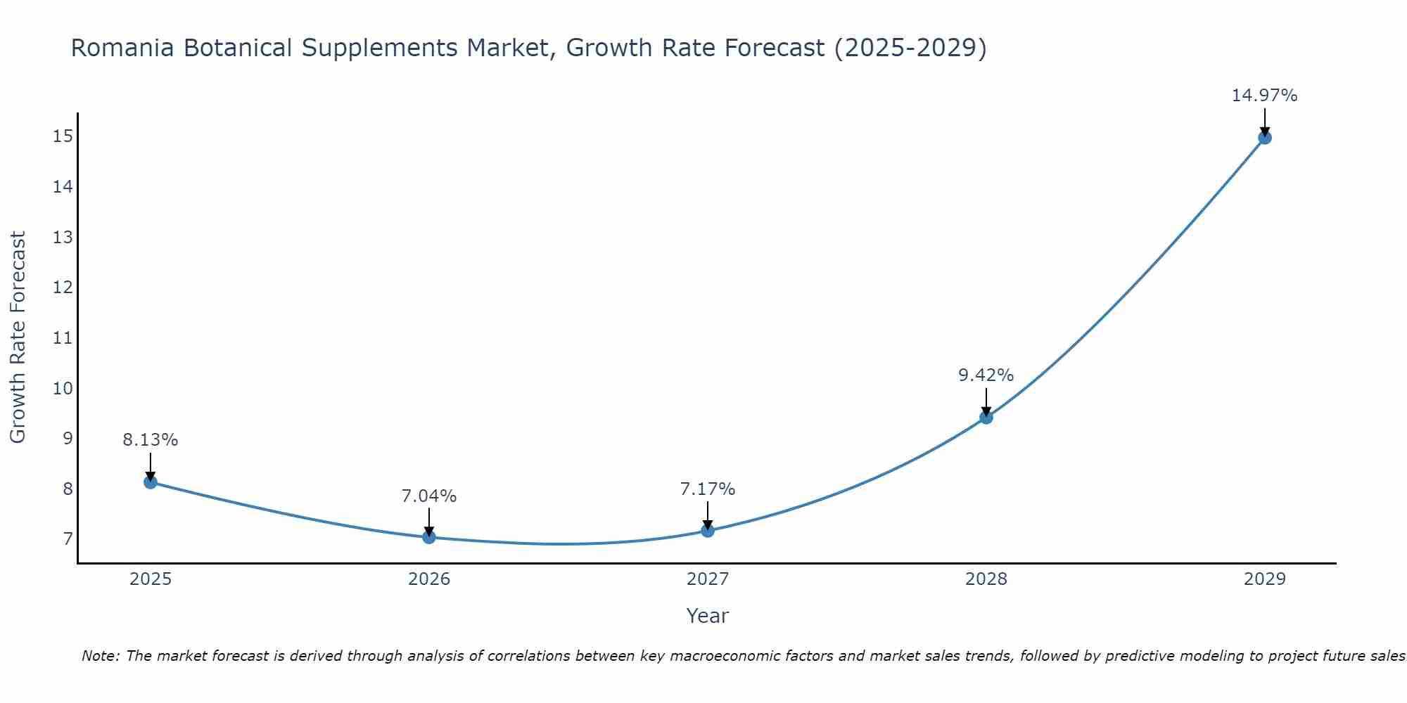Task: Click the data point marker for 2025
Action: (x=151, y=482)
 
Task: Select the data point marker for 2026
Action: (x=429, y=537)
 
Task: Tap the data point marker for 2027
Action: (x=708, y=531)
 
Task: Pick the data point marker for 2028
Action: (x=986, y=418)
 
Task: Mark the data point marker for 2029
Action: (x=1265, y=138)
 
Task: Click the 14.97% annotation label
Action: (x=1264, y=96)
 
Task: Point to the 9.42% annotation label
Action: (x=986, y=375)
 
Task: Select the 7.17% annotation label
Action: (x=707, y=489)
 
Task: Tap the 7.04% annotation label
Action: (x=428, y=496)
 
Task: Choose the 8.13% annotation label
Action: (x=150, y=440)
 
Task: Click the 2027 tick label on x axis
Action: (x=708, y=579)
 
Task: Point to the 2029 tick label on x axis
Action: (x=1265, y=579)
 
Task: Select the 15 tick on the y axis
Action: (x=63, y=136)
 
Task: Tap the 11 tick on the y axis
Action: (x=63, y=338)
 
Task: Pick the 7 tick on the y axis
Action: (x=68, y=539)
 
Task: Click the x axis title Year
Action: (x=707, y=616)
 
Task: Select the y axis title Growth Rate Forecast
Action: (x=18, y=337)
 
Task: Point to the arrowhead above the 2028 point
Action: (x=986, y=411)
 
